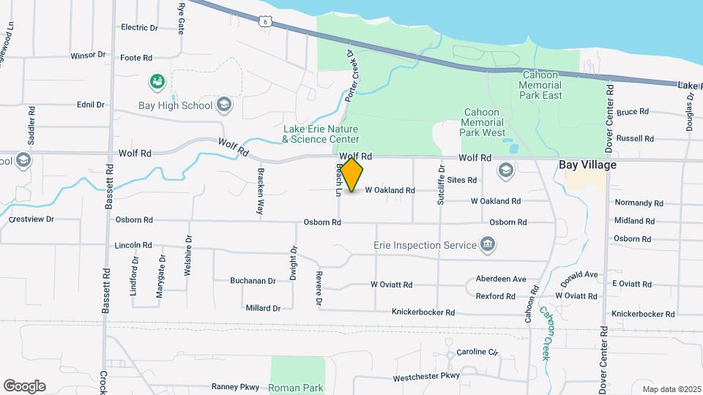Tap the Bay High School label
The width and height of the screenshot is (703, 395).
(x=175, y=105)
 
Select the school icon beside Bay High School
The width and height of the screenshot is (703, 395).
(x=224, y=105)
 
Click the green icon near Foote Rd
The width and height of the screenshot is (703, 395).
(x=156, y=82)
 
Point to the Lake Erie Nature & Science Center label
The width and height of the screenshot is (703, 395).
(x=321, y=134)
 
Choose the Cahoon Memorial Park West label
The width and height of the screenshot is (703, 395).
(x=483, y=123)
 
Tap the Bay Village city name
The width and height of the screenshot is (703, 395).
(x=587, y=165)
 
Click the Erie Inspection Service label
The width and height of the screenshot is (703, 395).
(x=424, y=245)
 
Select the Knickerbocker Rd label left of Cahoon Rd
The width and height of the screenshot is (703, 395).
(x=423, y=312)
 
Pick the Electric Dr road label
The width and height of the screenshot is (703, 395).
(x=139, y=28)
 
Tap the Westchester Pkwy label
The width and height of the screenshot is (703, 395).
(x=425, y=377)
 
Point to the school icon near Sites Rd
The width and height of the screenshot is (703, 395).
(x=505, y=171)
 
